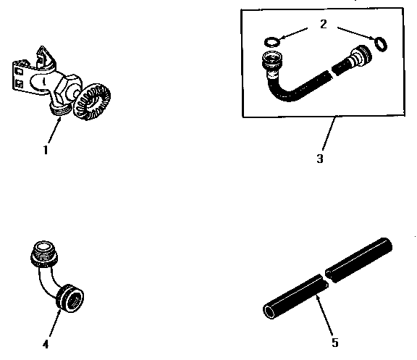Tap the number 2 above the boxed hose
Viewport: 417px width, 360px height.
324,24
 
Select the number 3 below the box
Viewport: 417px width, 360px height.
319,159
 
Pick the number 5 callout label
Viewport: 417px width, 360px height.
334,342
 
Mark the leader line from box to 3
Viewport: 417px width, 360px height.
328,135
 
